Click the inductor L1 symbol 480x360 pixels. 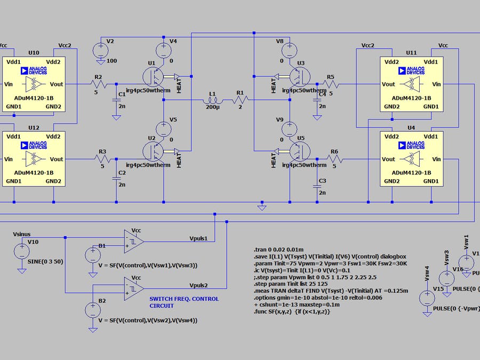(212, 101)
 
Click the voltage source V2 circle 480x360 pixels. (100, 51)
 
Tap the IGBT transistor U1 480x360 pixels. (155, 76)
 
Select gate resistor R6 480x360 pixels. (334, 159)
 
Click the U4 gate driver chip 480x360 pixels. (411, 158)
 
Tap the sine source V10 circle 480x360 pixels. (22, 249)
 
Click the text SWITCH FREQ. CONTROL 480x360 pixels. (184, 299)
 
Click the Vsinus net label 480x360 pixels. (25, 234)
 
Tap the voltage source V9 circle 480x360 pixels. (290, 128)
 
